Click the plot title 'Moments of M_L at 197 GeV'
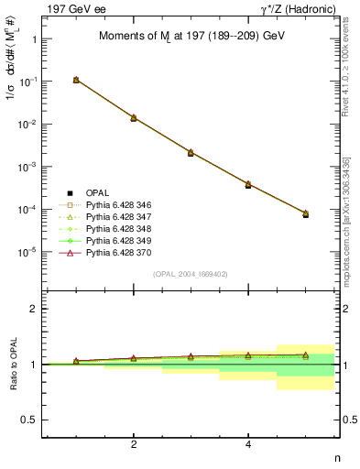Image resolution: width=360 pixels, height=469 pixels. tap(190, 37)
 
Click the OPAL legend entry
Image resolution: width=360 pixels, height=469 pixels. tap(95, 192)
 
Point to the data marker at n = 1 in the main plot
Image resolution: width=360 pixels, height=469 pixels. tap(76, 81)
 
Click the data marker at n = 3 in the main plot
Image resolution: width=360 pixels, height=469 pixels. tap(191, 152)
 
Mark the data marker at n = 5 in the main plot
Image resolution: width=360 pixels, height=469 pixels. tap(306, 213)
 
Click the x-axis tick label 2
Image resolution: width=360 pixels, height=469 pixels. tap(134, 445)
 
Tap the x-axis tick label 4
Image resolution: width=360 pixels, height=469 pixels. tap(248, 445)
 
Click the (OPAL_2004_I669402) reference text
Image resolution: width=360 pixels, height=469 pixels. tap(189, 274)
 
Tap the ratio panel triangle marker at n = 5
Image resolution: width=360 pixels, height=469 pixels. tap(306, 354)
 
